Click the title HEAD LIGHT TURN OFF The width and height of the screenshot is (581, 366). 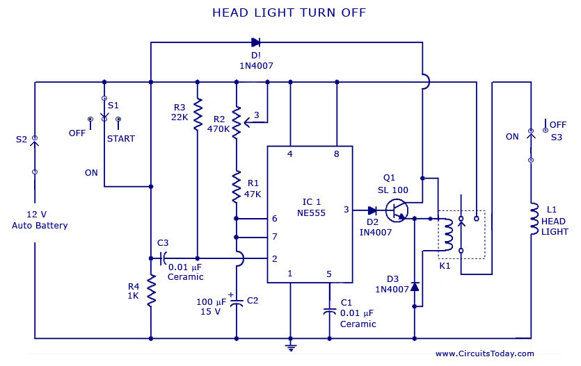pyautogui.click(x=288, y=13)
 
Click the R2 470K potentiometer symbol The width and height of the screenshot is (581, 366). pyautogui.click(x=237, y=122)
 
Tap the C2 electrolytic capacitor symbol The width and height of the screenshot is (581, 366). pyautogui.click(x=237, y=302)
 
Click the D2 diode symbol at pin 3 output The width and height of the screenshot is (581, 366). pyautogui.click(x=372, y=210)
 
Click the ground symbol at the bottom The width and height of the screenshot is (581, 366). pyautogui.click(x=291, y=345)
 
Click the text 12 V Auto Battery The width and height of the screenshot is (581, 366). pyautogui.click(x=40, y=220)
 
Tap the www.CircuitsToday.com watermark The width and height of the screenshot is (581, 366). pyautogui.click(x=484, y=353)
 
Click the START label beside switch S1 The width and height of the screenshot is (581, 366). pyautogui.click(x=121, y=138)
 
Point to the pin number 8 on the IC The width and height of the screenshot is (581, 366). pyautogui.click(x=337, y=154)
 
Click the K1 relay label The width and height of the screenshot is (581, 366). pyautogui.click(x=444, y=265)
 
